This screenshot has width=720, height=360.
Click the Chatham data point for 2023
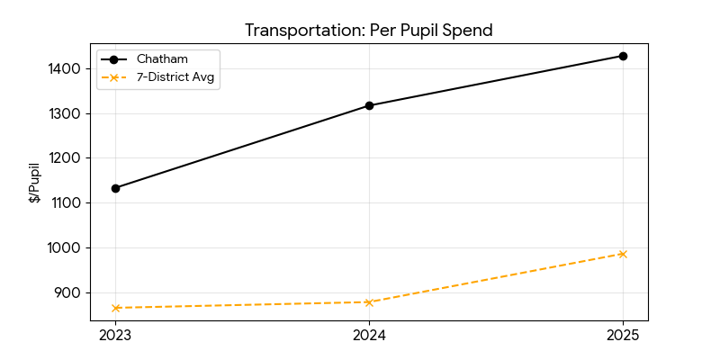coord(115,188)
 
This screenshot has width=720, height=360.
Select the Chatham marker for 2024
coord(369,105)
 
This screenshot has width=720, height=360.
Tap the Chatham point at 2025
coord(623,56)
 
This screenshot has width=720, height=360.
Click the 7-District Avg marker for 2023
coord(115,308)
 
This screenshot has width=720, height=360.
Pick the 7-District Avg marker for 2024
coord(369,302)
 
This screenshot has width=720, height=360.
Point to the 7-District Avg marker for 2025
coord(623,254)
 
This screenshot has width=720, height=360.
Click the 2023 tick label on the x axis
coord(115,336)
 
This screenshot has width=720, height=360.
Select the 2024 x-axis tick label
coord(369,336)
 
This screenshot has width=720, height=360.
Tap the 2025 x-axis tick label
coord(623,336)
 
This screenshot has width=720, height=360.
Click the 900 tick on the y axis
coord(68,292)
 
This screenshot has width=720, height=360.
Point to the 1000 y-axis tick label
coord(66,247)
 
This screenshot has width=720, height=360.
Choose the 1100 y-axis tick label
coord(66,202)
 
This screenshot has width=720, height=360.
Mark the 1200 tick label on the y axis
coord(66,157)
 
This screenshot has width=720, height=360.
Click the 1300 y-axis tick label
coord(66,113)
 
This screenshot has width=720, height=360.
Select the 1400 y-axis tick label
coord(66,68)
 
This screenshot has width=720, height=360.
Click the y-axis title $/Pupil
coord(34,183)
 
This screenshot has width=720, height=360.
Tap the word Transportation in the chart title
coord(294,31)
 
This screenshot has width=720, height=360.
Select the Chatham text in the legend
coord(162,58)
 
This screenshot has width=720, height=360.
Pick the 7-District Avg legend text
coord(177,76)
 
